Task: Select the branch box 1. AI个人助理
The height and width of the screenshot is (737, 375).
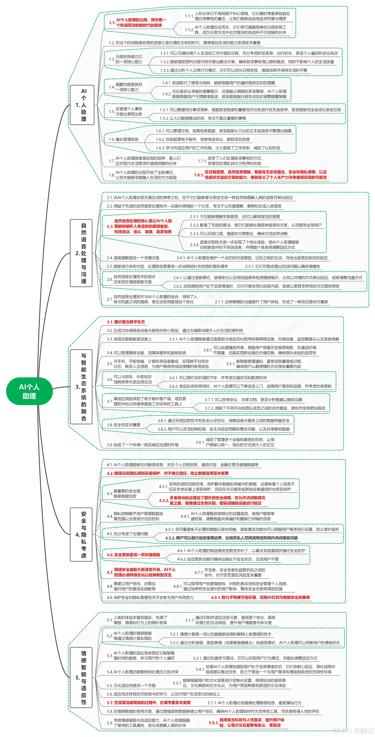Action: pyautogui.click(x=82, y=105)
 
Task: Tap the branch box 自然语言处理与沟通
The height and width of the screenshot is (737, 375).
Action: pyautogui.click(x=81, y=253)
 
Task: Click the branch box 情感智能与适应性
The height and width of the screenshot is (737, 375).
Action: pyautogui.click(x=81, y=677)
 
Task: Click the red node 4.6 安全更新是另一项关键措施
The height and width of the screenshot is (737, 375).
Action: pyautogui.click(x=133, y=554)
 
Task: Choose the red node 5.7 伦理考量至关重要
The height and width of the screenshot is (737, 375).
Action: pyautogui.click(x=149, y=703)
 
